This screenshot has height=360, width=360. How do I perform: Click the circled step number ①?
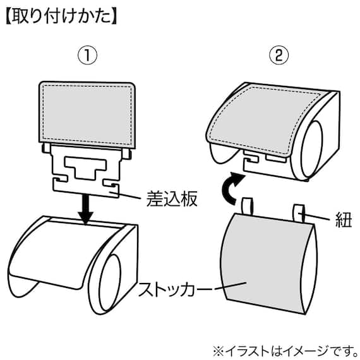click(88, 55)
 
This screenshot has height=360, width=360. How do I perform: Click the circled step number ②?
click(277, 55)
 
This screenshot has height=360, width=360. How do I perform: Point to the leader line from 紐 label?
click(319, 219)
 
